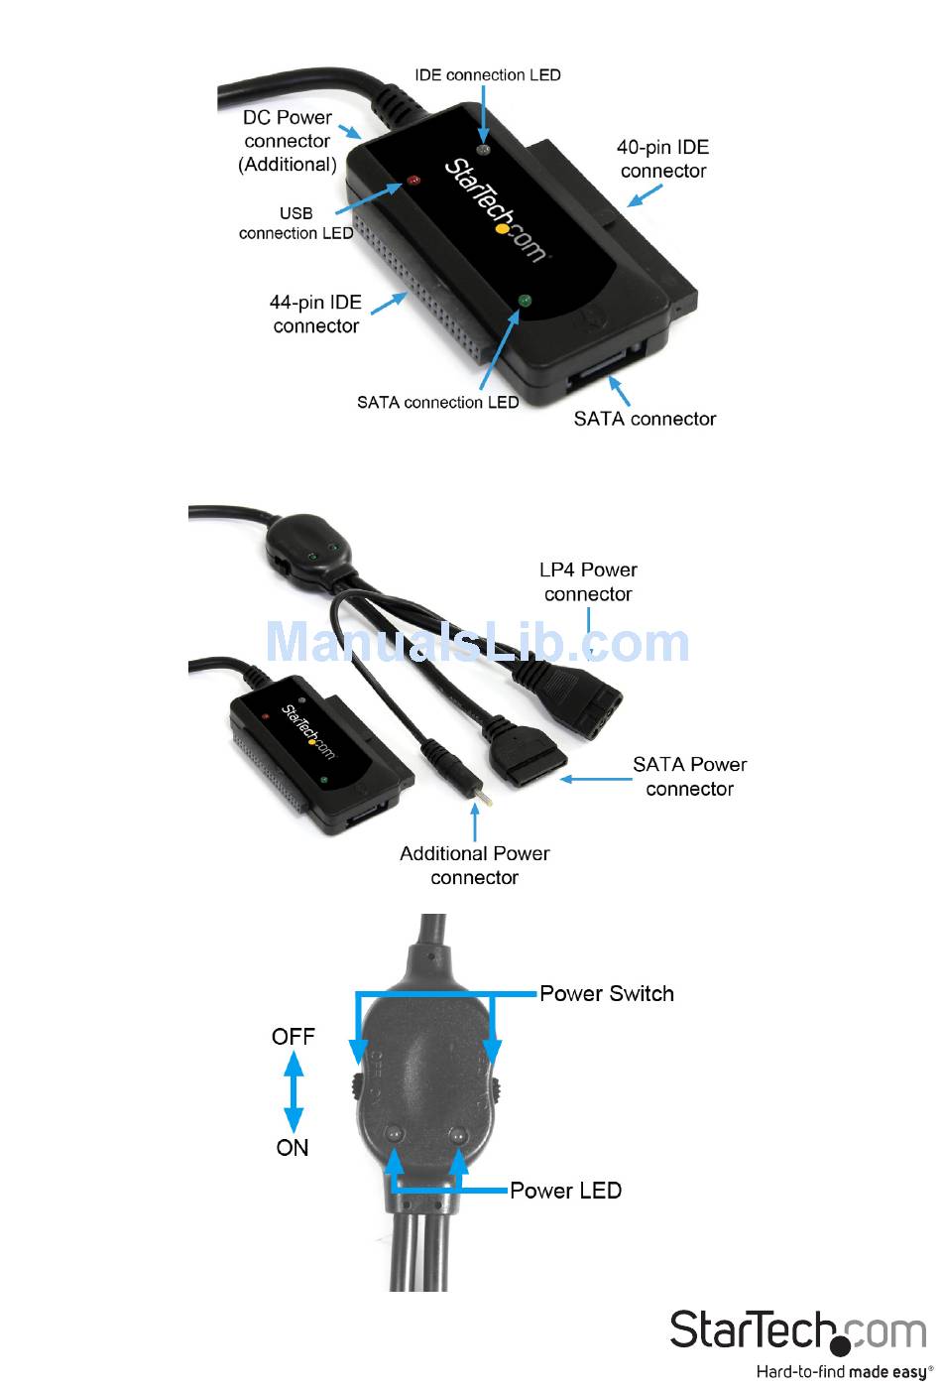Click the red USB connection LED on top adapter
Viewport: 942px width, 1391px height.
[413, 182]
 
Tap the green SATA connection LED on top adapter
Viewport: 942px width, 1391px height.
[525, 300]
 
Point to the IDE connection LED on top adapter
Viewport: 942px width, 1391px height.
[484, 150]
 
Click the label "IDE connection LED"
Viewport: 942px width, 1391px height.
[487, 75]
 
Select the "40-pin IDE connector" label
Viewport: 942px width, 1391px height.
[662, 159]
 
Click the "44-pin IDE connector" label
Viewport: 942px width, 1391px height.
[315, 314]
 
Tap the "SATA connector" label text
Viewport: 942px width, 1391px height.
[645, 419]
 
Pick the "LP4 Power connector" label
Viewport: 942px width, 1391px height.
[588, 581]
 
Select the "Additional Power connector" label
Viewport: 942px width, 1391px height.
[474, 865]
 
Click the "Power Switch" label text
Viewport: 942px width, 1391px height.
[607, 994]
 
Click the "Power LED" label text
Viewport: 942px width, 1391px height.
[565, 1191]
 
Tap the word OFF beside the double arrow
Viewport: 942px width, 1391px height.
[293, 1037]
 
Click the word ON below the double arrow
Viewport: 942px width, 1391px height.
[293, 1148]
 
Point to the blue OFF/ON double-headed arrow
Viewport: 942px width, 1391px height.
[294, 1091]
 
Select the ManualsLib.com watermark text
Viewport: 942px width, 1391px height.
[477, 643]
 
